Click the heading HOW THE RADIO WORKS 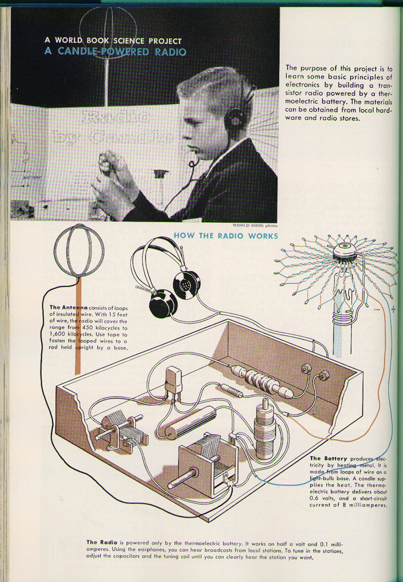tap(226, 236)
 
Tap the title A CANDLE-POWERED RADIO tap(115, 51)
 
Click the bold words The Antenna tap(68, 307)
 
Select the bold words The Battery tap(329, 459)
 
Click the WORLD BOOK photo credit tap(255, 225)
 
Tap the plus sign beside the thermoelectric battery tap(393, 309)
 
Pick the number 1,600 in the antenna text tap(58, 334)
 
